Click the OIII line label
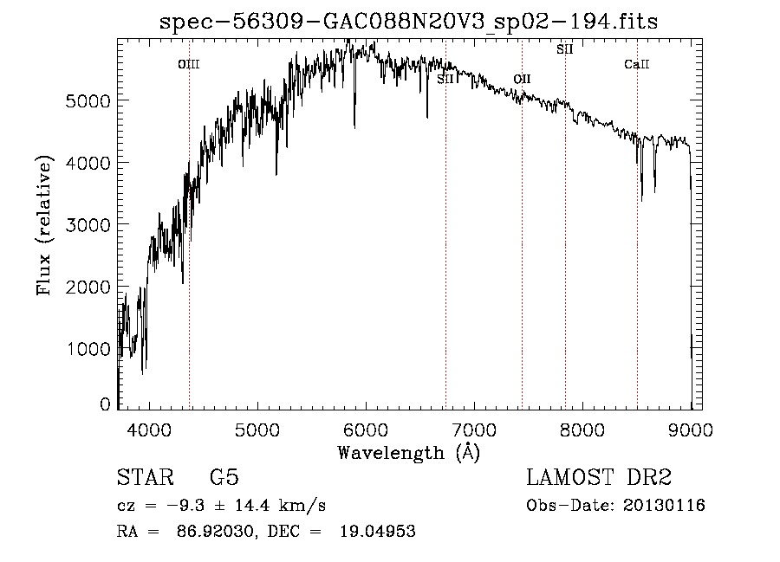(189, 64)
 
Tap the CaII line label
(637, 64)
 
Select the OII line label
(522, 80)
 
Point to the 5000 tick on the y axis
(90, 100)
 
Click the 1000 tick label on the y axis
(90, 348)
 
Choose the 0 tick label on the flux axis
(105, 404)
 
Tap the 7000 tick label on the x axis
(474, 429)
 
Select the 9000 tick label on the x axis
(691, 429)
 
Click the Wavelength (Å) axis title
(408, 451)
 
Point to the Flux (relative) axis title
(44, 225)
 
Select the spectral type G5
(224, 478)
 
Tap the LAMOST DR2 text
(599, 478)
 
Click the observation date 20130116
(667, 505)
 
